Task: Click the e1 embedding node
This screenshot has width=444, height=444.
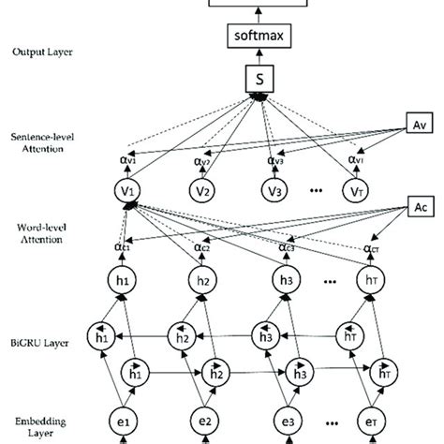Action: [x=126, y=418]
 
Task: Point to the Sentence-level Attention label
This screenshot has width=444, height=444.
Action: [x=42, y=142]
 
